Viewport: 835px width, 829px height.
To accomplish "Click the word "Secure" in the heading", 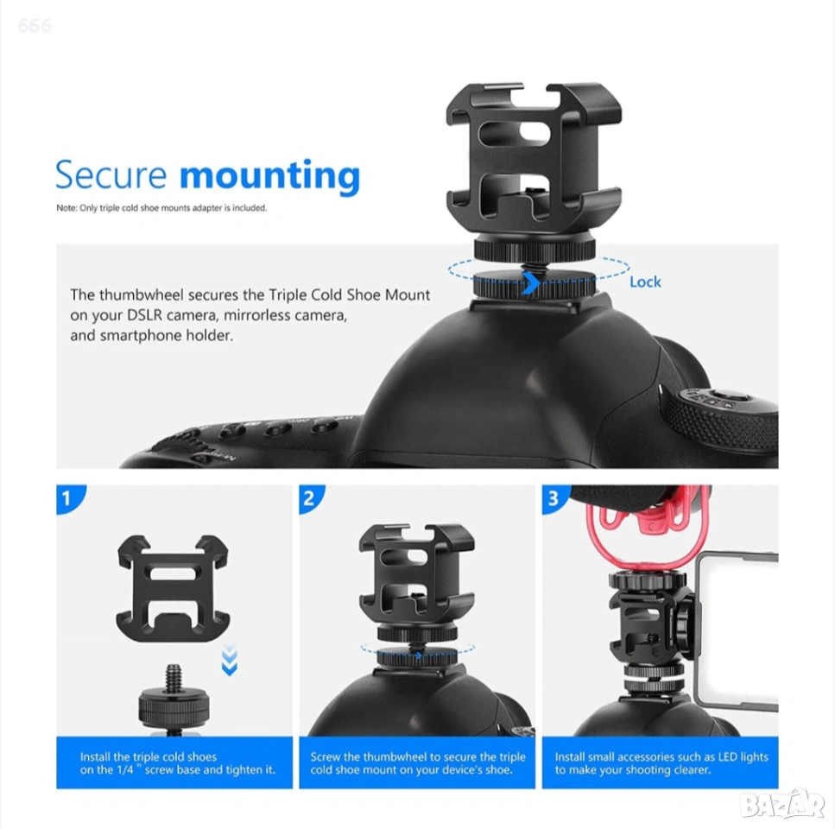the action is (111, 174).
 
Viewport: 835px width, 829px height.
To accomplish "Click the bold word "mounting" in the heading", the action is (270, 176).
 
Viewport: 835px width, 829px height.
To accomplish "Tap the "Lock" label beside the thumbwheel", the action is (645, 282).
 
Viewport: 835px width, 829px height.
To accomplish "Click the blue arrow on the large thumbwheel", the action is (530, 282).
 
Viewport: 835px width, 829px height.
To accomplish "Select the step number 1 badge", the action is (68, 497).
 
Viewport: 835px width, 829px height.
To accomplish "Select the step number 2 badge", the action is (311, 497).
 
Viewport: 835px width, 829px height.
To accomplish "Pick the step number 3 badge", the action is (554, 497).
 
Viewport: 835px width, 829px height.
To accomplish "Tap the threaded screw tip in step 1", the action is (173, 676).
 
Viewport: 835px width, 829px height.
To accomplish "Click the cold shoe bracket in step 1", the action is (173, 588).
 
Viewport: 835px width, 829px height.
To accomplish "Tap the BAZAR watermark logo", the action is (782, 804).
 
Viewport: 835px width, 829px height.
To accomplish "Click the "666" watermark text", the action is (35, 26).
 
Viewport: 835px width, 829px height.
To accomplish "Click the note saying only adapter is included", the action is (161, 208).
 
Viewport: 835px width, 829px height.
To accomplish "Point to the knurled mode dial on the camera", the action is (719, 421).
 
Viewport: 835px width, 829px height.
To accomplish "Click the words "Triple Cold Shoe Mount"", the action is (349, 295).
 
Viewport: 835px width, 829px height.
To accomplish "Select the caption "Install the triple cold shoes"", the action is (149, 756).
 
